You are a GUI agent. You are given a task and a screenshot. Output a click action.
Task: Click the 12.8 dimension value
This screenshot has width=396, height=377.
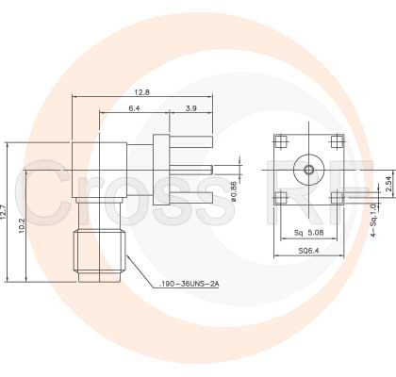pos(142,91)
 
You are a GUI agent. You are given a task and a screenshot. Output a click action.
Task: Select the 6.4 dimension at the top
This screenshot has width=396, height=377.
pos(134,109)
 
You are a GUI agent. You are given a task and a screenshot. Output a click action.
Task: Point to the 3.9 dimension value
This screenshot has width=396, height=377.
pos(191,109)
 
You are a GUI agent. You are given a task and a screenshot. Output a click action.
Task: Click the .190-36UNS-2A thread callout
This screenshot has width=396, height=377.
pos(190,284)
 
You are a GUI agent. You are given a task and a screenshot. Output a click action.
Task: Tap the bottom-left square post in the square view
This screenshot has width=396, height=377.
pos(281,197)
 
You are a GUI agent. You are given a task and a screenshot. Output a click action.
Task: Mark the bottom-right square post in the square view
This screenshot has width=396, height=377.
pos(335,197)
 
